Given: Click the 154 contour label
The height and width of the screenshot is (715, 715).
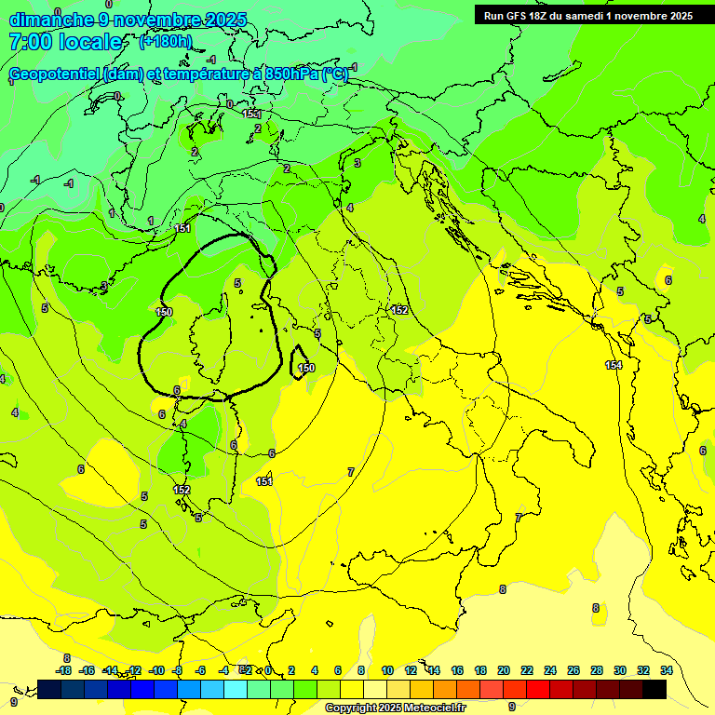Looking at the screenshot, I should pos(614,365).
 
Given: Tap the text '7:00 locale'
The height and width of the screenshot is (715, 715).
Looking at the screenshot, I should pos(65,42).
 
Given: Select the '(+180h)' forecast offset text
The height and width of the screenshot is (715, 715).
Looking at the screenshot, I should pos(165,41).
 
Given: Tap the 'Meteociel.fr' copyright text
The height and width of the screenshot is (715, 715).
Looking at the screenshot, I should pos(435,708).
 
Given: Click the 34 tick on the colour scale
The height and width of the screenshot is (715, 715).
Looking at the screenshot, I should pos(667,670).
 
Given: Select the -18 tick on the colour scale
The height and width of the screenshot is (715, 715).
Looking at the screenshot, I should pos(63,670).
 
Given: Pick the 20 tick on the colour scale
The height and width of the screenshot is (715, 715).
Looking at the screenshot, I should pos(504,670).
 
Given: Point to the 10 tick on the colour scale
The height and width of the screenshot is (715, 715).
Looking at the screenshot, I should pos(387,670).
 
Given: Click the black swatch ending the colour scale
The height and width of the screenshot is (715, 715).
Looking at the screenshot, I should pos(654,689).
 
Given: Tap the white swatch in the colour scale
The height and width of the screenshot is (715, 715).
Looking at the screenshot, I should pos(375,689).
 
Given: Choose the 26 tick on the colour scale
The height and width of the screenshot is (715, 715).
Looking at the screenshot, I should pos(573,670).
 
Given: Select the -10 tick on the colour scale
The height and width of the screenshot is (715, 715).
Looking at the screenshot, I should pos(156,670).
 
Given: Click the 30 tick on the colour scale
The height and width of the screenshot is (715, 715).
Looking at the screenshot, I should pos(620,670).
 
